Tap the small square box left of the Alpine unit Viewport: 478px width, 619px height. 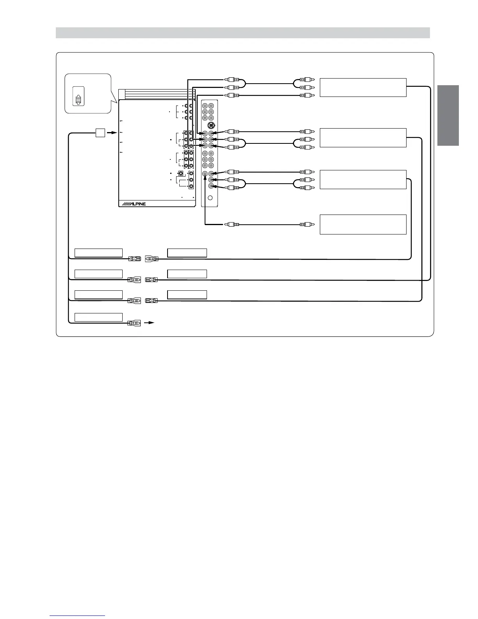[x=100, y=133]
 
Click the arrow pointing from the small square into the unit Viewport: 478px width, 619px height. [x=112, y=133]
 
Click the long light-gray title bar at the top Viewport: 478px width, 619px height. [x=243, y=33]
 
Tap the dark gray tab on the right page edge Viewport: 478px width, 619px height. [x=448, y=115]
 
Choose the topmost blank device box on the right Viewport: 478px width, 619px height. [x=363, y=87]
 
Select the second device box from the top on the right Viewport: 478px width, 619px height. [x=363, y=138]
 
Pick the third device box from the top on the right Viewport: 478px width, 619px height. [x=363, y=179]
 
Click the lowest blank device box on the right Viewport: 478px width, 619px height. [x=363, y=224]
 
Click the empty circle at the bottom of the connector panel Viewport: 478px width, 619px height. [x=210, y=198]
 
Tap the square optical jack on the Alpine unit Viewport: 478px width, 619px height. [x=181, y=173]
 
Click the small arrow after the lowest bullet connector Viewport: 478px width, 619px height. [x=150, y=323]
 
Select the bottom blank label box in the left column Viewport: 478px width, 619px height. [x=98, y=317]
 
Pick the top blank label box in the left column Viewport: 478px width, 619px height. [x=98, y=252]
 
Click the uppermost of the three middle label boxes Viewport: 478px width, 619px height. [x=187, y=252]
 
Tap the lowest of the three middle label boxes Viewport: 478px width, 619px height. [x=187, y=295]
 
